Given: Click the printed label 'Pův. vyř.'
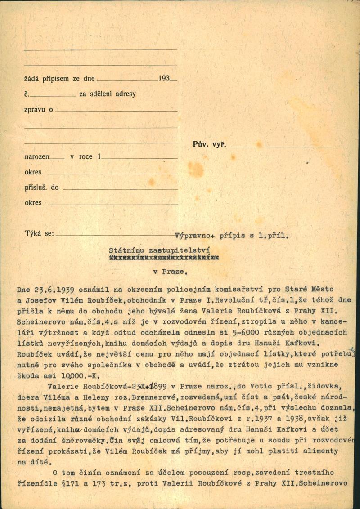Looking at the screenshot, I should tap(209, 145).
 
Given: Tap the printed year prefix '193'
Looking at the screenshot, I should tap(164, 78).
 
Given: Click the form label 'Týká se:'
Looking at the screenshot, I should tap(39, 233).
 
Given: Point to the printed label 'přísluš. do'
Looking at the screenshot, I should tap(41, 188).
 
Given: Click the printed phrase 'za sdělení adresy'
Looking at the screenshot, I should tap(107, 94).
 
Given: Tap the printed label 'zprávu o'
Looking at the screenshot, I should tap(38, 109).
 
